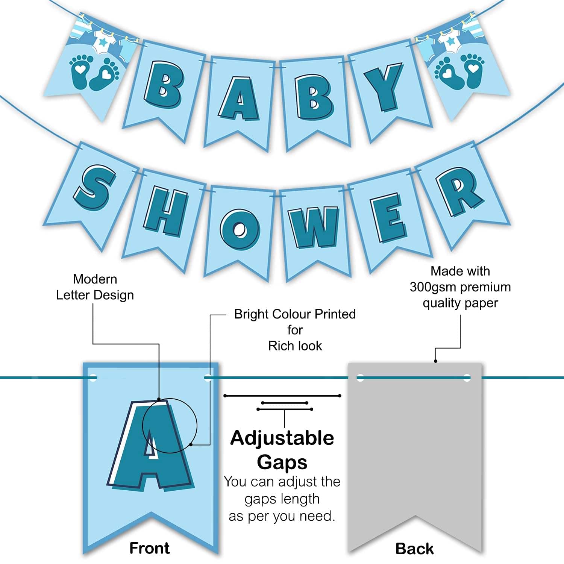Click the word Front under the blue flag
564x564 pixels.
coord(150,548)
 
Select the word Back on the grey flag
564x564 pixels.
coord(414,549)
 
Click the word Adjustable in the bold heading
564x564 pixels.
coord(282,438)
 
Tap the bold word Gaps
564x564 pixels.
coord(282,462)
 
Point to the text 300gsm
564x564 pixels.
coord(432,287)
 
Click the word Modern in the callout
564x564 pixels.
coord(95,279)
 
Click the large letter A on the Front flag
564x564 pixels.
coord(150,446)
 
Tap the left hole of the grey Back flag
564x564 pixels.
coord(360,378)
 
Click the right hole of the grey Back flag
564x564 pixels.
coord(467,378)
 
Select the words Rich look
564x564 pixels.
coord(295,346)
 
